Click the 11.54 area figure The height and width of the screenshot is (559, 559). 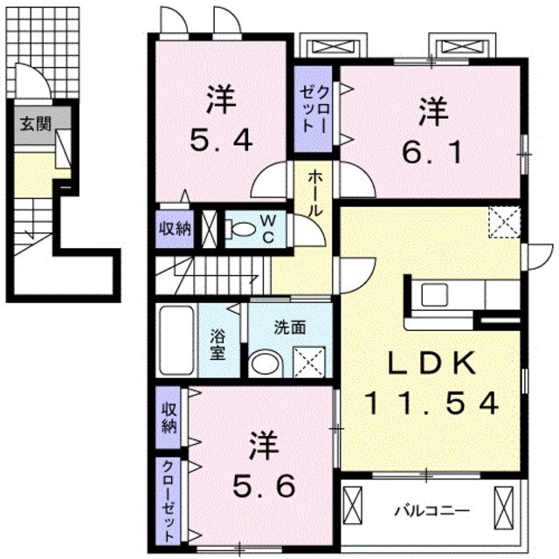(432, 403)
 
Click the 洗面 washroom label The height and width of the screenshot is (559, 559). (289, 328)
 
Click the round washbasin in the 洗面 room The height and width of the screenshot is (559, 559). (263, 363)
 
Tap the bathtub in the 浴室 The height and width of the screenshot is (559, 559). (176, 340)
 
